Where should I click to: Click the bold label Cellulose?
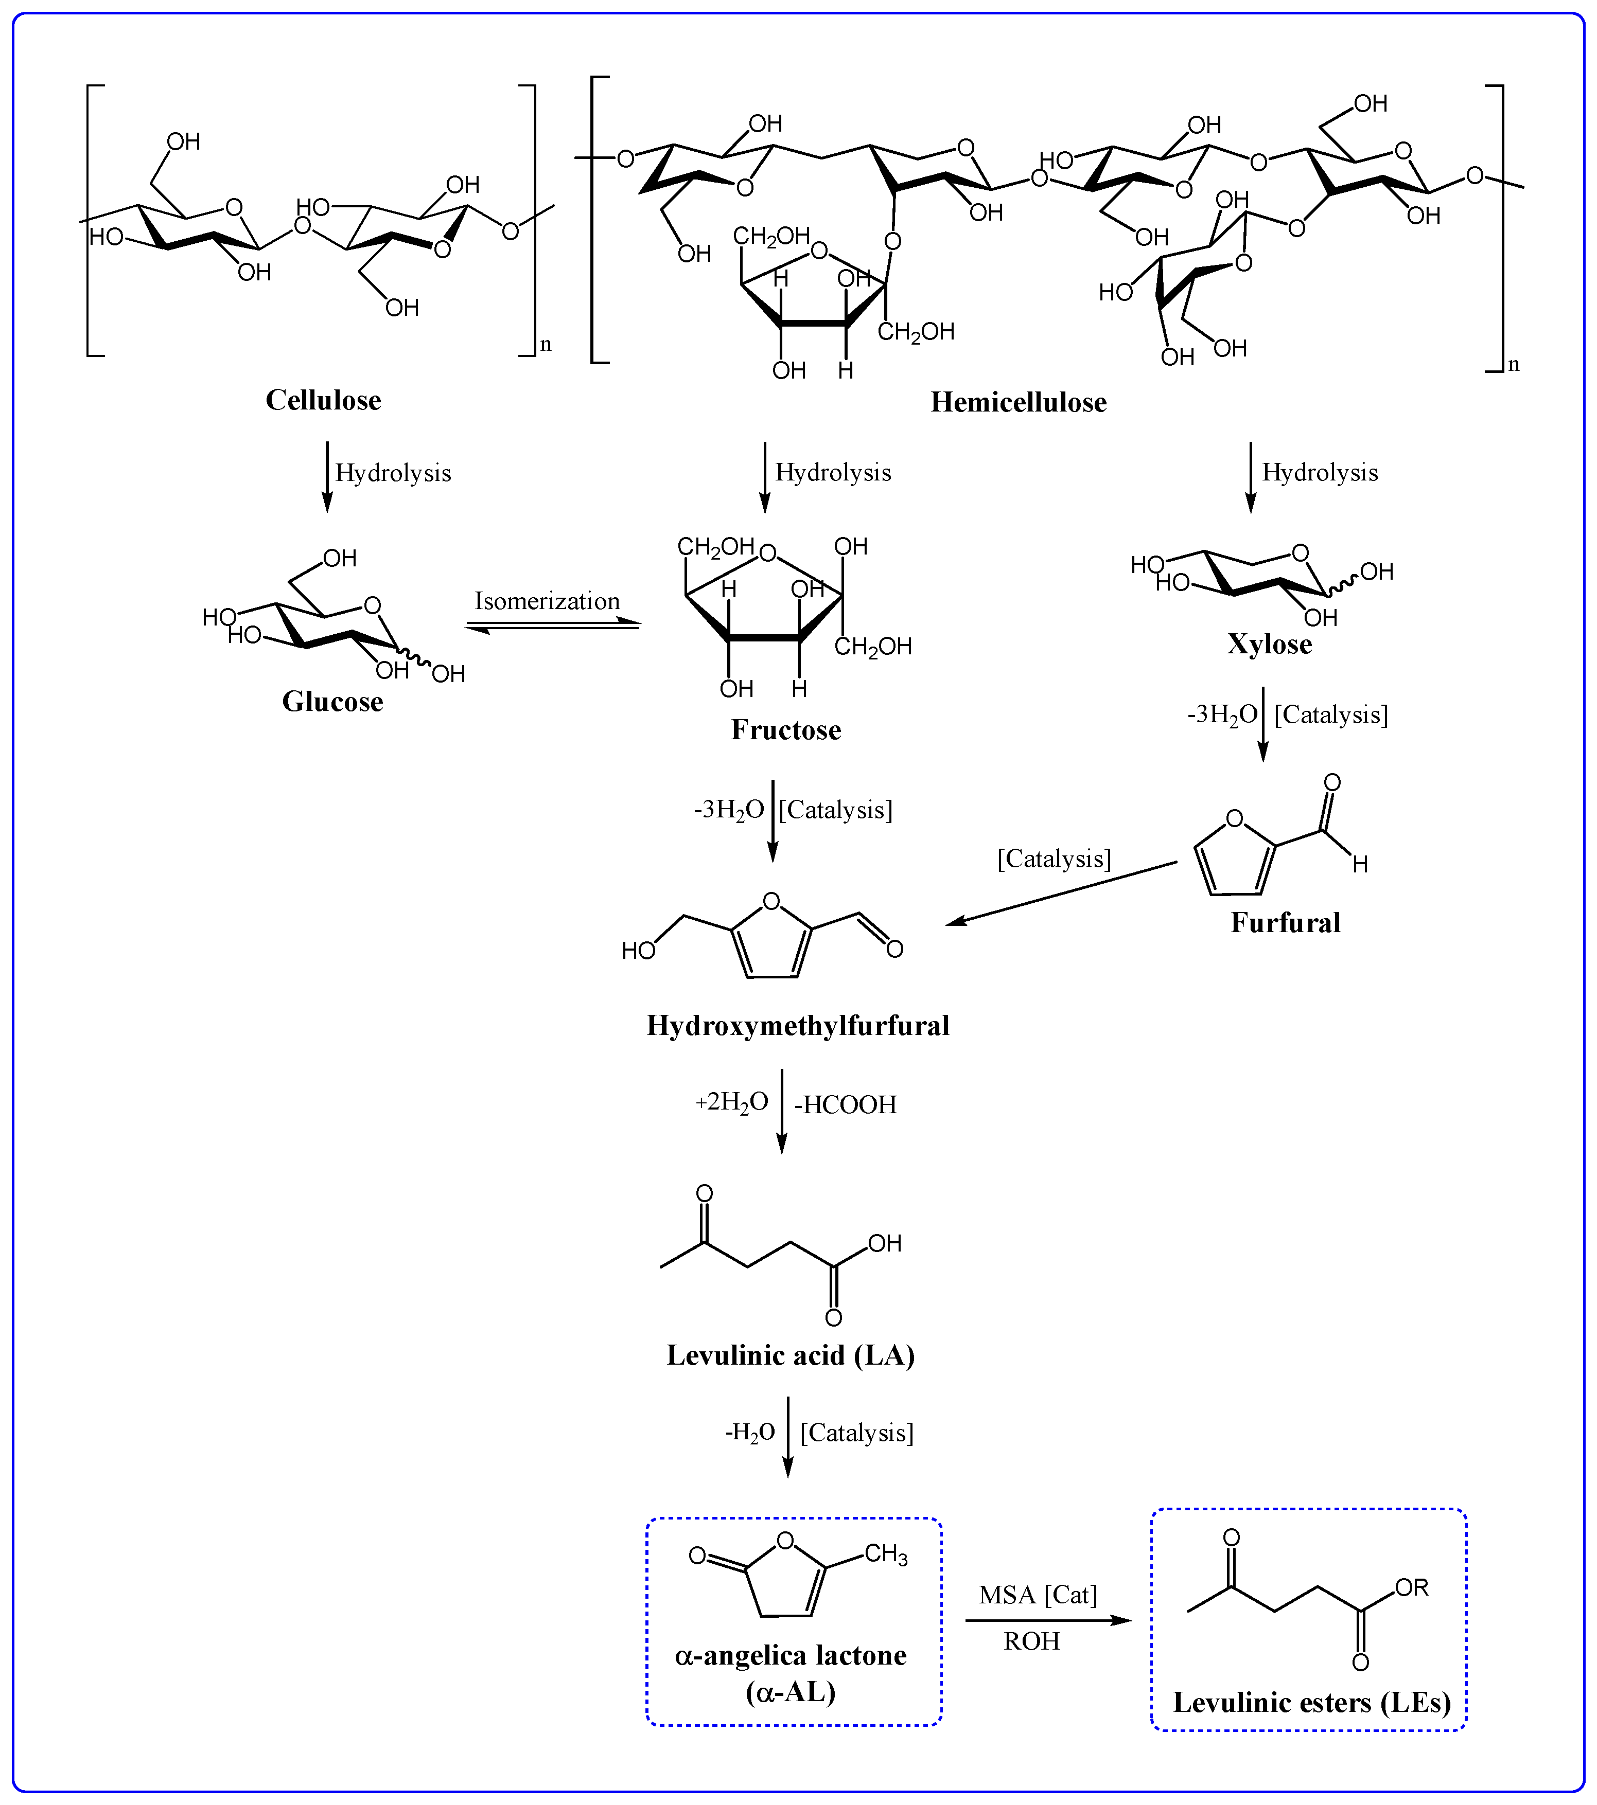pyautogui.click(x=323, y=400)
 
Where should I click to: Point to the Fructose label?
pyautogui.click(x=785, y=730)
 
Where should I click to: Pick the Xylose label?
pyautogui.click(x=1269, y=645)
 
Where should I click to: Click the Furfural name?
pyautogui.click(x=1285, y=923)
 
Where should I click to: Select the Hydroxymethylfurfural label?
pyautogui.click(x=798, y=1025)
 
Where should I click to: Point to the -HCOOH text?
pyautogui.click(x=845, y=1105)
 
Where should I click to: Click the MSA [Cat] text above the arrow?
pyautogui.click(x=1038, y=1595)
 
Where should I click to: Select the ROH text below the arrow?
pyautogui.click(x=1032, y=1641)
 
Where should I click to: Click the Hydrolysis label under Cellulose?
pyautogui.click(x=393, y=473)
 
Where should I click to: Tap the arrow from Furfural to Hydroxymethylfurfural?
pyautogui.click(x=1060, y=893)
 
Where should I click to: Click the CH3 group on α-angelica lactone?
pyautogui.click(x=885, y=1554)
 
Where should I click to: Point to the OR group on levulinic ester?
pyautogui.click(x=1412, y=1588)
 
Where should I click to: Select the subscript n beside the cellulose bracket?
pyautogui.click(x=546, y=345)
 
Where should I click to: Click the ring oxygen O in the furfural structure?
pyautogui.click(x=1235, y=818)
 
